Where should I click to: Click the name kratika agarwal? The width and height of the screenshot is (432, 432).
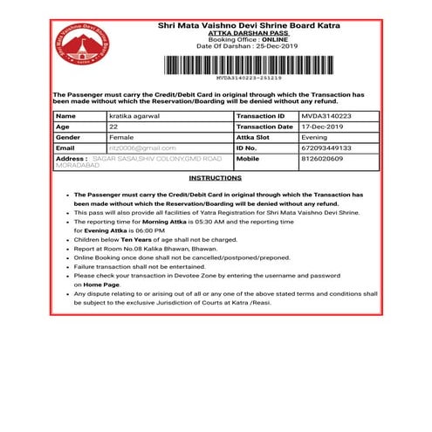[132, 115]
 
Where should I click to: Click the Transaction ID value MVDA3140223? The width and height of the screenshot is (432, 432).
[324, 115]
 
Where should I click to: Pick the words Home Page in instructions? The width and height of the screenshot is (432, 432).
[100, 285]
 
